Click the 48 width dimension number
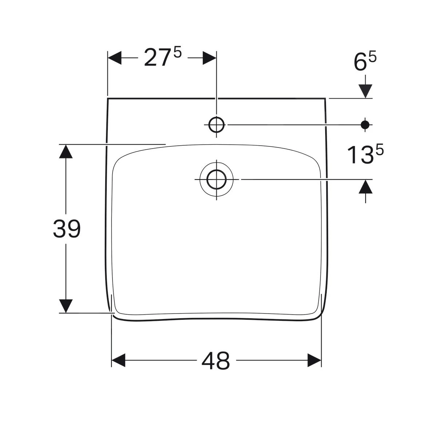point(216,361)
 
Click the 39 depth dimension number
point(67,229)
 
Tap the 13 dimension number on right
point(360,155)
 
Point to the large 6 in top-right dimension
point(359,63)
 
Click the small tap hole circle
point(216,125)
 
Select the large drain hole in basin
point(217,180)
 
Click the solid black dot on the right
point(365,125)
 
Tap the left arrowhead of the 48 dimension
point(118,361)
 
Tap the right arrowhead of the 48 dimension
point(315,361)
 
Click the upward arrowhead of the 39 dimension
point(66,151)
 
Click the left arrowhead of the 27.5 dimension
point(114,58)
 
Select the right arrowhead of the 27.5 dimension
point(209,58)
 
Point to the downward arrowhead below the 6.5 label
point(365,91)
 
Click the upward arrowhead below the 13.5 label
point(366,186)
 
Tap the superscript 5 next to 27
point(177,53)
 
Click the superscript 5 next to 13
point(379,150)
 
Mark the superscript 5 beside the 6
point(373,58)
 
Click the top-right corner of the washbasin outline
point(325,98)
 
